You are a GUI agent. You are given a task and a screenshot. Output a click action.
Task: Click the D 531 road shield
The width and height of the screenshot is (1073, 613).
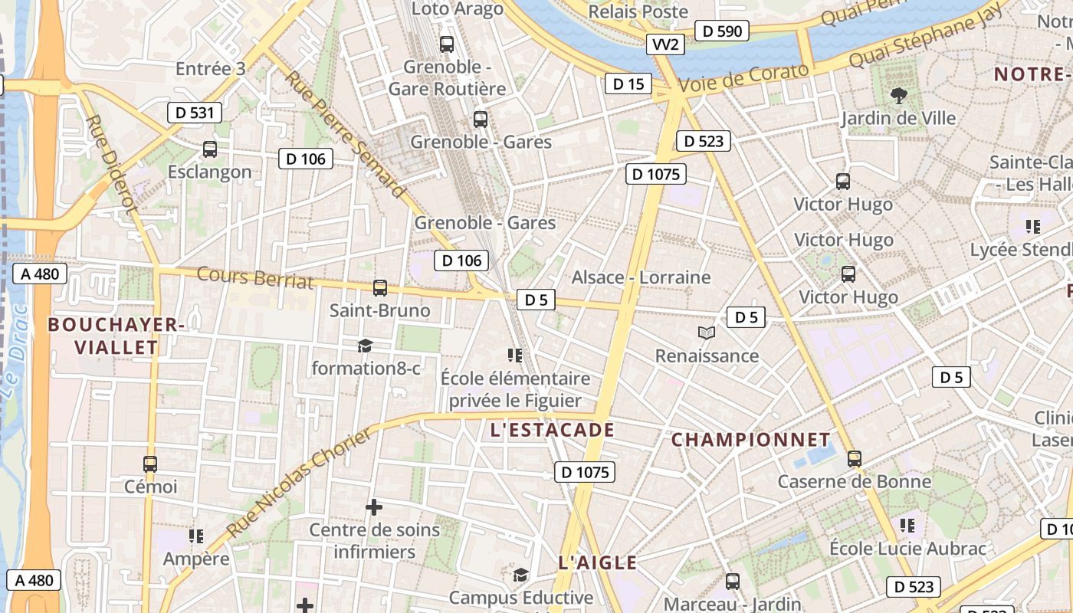point(195,113)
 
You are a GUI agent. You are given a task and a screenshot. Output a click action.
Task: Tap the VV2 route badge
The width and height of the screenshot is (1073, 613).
point(664,44)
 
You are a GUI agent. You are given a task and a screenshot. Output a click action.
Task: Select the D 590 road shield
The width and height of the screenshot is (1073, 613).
point(721,31)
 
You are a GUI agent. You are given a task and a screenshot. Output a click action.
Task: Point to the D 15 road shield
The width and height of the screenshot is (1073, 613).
point(628,84)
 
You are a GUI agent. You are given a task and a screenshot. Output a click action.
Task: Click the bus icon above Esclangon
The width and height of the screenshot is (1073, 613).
point(209,149)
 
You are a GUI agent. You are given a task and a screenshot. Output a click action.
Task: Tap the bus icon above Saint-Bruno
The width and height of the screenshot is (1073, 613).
point(379,288)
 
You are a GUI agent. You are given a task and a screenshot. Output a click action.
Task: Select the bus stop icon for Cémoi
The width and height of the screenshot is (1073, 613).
point(150,464)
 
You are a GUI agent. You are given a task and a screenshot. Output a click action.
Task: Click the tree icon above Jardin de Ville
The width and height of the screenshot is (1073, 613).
point(898,96)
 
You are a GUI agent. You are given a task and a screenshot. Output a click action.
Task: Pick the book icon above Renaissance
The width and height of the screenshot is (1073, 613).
point(707,333)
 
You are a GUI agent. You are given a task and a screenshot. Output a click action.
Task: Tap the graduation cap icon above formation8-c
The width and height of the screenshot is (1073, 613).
point(365,346)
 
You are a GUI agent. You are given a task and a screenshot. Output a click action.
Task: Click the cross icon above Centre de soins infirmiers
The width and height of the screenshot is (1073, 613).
point(374,507)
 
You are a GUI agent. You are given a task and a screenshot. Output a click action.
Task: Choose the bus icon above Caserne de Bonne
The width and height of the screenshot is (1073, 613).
point(854,459)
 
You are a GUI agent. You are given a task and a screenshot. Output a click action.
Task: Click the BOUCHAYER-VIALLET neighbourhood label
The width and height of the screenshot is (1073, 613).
point(116,336)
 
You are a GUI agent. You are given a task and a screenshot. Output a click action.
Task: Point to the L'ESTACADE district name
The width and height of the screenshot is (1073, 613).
point(552,430)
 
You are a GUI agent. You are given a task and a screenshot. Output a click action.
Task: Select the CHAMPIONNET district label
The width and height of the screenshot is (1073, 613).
point(751,440)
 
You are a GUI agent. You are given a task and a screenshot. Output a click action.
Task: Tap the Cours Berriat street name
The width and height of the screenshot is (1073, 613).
point(255,277)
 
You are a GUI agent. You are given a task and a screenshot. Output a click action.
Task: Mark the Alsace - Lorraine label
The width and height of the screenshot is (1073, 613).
point(641,277)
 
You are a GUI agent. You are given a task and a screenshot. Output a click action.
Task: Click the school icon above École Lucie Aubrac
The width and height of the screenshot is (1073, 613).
point(907,526)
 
